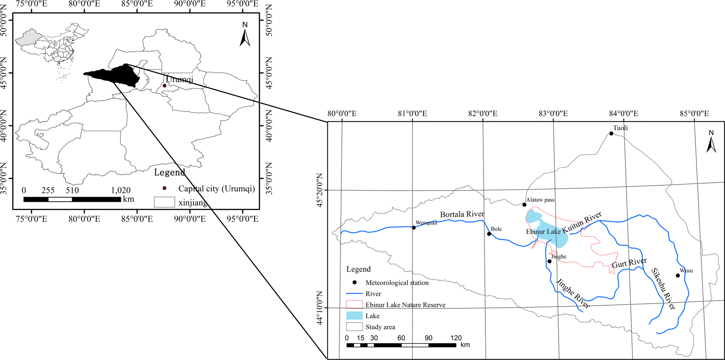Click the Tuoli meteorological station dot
[x=611, y=133]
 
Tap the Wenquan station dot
[x=414, y=228]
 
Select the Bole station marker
[x=489, y=234]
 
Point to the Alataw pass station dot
[x=524, y=205]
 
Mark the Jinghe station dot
[x=549, y=261]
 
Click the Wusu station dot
[x=678, y=275]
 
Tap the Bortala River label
[x=462, y=214]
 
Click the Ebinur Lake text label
[x=543, y=231]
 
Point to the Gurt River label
[x=629, y=263]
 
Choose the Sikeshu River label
[x=663, y=289]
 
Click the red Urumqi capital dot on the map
[x=164, y=85]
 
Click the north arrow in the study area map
[x=711, y=141]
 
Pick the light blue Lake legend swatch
[x=354, y=316]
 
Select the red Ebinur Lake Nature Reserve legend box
[x=354, y=304]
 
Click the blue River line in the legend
[x=354, y=294]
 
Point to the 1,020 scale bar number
[x=121, y=190]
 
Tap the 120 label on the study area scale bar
[x=456, y=338]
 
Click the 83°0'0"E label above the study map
[x=553, y=114]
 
